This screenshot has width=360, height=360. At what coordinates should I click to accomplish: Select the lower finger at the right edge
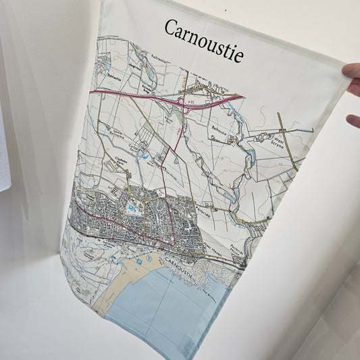tap(353, 121)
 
